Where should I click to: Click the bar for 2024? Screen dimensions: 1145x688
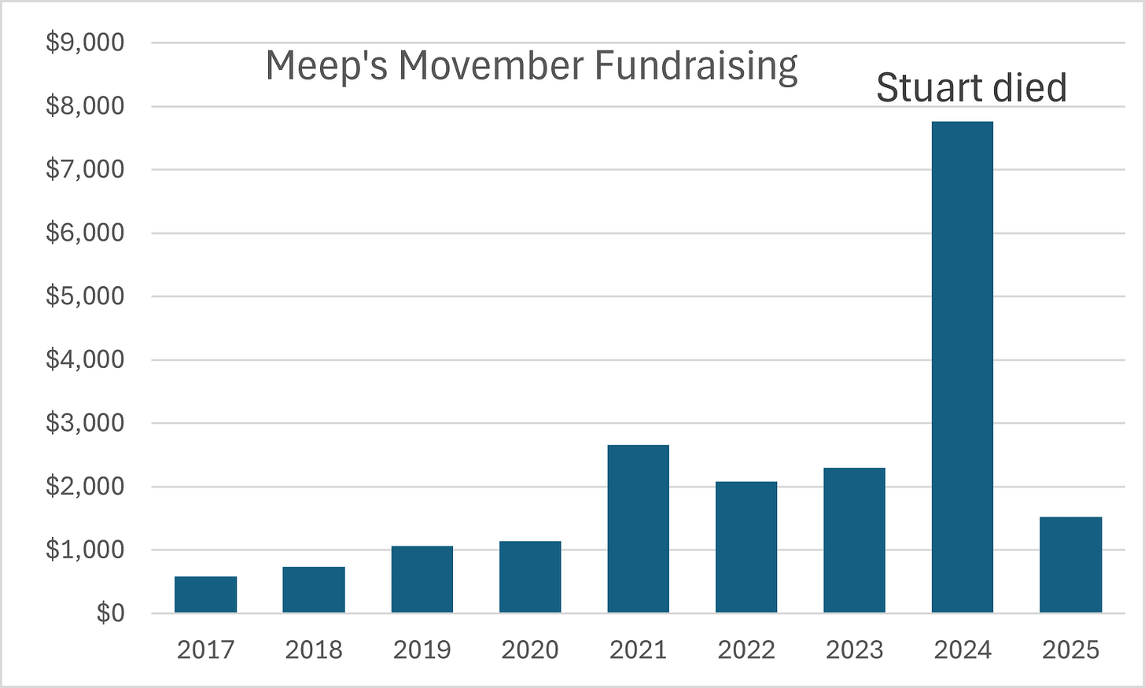point(963,367)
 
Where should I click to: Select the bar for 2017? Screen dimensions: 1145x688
point(205,594)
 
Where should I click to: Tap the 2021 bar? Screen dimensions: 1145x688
point(639,528)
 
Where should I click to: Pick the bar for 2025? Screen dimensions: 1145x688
point(1071,565)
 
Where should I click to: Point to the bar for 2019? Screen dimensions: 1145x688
point(422,579)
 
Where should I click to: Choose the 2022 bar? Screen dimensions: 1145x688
point(746,547)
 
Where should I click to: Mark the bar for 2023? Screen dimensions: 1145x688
point(854,540)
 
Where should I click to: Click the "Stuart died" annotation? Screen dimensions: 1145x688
point(972,88)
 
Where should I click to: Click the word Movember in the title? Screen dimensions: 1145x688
point(492,65)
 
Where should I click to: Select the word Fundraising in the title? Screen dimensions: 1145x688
point(696,68)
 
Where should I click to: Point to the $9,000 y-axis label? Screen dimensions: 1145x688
point(85,42)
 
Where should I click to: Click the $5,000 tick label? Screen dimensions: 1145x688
point(85,296)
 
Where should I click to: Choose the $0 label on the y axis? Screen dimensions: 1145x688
point(110,613)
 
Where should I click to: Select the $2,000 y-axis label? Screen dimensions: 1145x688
point(85,486)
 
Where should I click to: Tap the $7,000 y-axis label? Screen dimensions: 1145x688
point(85,169)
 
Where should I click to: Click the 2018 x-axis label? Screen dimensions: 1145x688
point(314,650)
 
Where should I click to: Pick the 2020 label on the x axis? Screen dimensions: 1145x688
point(530,650)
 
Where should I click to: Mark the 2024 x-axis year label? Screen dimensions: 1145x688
point(963,650)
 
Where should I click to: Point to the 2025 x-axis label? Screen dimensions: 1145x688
point(1071,650)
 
